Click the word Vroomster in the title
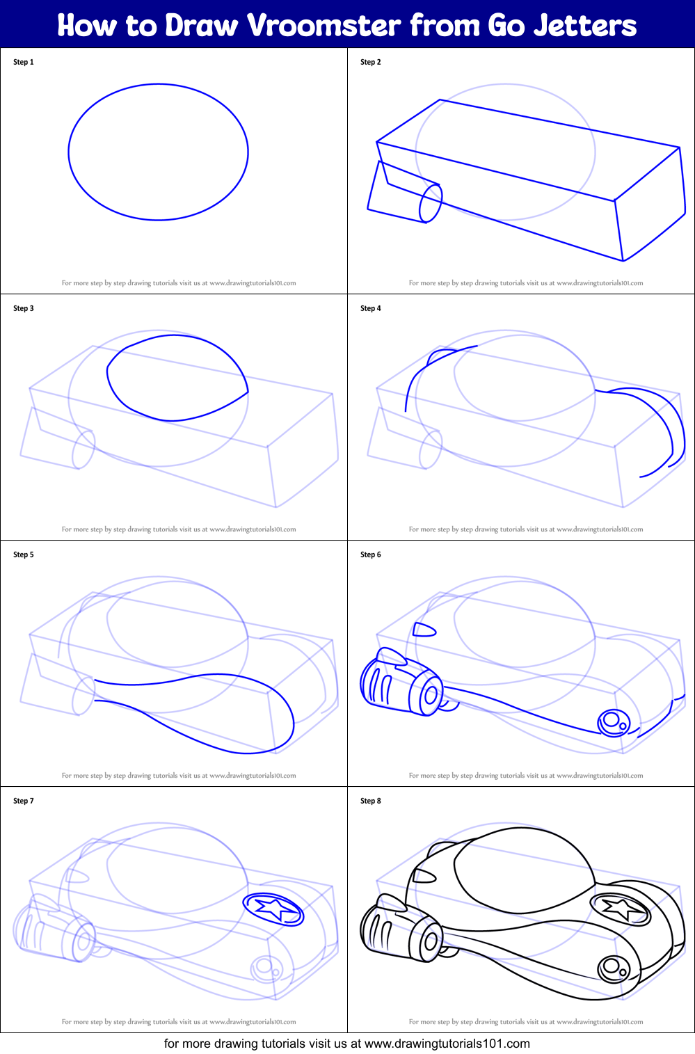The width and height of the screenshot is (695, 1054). pyautogui.click(x=324, y=26)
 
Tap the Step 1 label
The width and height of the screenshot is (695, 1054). pyautogui.click(x=24, y=62)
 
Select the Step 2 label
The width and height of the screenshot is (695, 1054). pyautogui.click(x=371, y=62)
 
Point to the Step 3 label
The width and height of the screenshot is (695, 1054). pyautogui.click(x=24, y=308)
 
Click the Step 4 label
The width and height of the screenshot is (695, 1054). pyautogui.click(x=371, y=308)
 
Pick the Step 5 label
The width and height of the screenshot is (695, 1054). pyautogui.click(x=24, y=554)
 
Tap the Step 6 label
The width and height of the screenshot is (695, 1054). pyautogui.click(x=371, y=554)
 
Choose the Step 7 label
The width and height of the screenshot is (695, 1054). pyautogui.click(x=24, y=801)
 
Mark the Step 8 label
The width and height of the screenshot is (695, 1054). pyautogui.click(x=371, y=801)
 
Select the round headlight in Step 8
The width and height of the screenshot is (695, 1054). pyautogui.click(x=612, y=967)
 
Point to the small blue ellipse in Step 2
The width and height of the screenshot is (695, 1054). pyautogui.click(x=431, y=203)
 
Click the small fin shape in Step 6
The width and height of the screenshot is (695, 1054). pyautogui.click(x=424, y=630)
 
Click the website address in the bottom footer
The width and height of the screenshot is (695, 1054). pyautogui.click(x=447, y=1044)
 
